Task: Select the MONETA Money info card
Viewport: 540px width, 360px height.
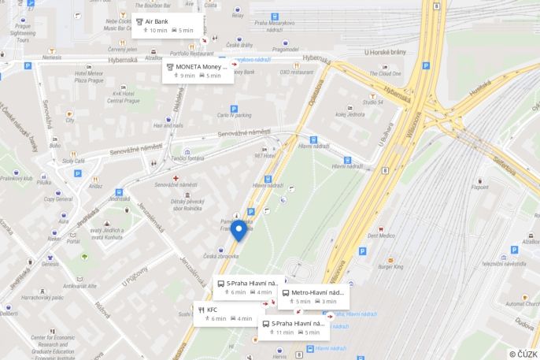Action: point(197,71)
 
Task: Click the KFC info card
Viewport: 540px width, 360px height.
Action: point(227,314)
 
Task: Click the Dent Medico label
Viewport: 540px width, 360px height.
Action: point(381,235)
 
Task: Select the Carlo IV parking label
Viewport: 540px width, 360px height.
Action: point(234,115)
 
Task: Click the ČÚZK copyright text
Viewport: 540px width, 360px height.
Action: point(523,353)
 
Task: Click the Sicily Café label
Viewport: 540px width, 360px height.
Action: point(73,161)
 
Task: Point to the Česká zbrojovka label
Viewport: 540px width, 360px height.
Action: point(220,256)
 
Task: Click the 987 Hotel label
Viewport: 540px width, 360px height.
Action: point(264,155)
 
